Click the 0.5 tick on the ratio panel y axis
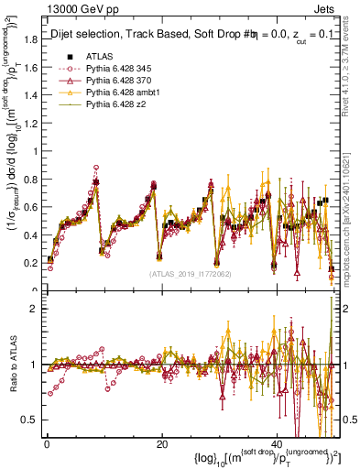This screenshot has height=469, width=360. (31, 420)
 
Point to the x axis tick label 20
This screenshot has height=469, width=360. (161, 444)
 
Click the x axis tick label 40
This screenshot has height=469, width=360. (277, 444)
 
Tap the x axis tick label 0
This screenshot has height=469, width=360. (47, 444)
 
